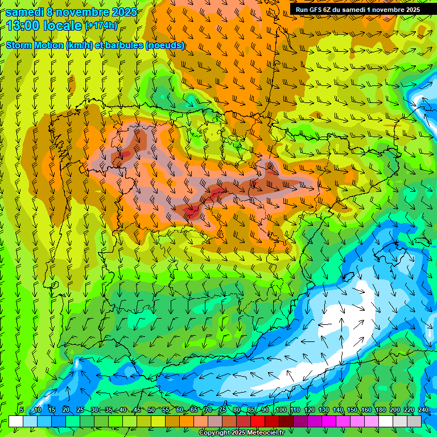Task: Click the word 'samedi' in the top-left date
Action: (25, 11)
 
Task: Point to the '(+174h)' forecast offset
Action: (101, 26)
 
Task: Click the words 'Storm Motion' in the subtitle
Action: (35, 46)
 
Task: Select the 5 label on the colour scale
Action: (22, 410)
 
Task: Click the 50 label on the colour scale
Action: (151, 410)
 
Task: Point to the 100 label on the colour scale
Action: (281, 410)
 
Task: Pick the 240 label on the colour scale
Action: (423, 410)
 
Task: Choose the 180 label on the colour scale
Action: (380, 410)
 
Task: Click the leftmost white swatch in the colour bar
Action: (16, 421)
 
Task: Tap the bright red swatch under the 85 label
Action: (258, 421)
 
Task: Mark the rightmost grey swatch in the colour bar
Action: (414, 421)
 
